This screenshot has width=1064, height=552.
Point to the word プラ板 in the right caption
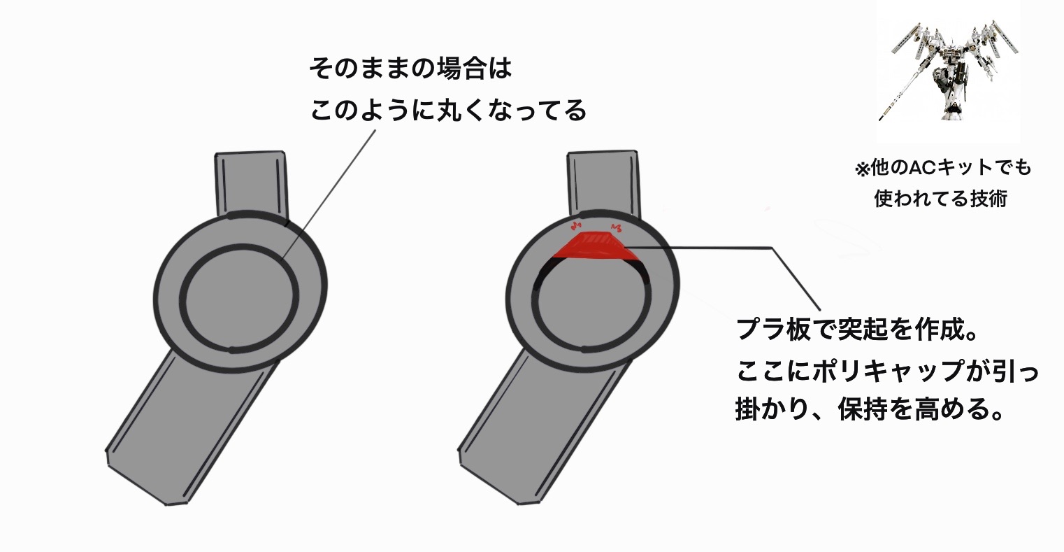(x=776, y=330)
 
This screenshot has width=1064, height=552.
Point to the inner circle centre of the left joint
(x=240, y=297)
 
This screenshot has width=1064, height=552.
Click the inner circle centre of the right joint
(x=593, y=301)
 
